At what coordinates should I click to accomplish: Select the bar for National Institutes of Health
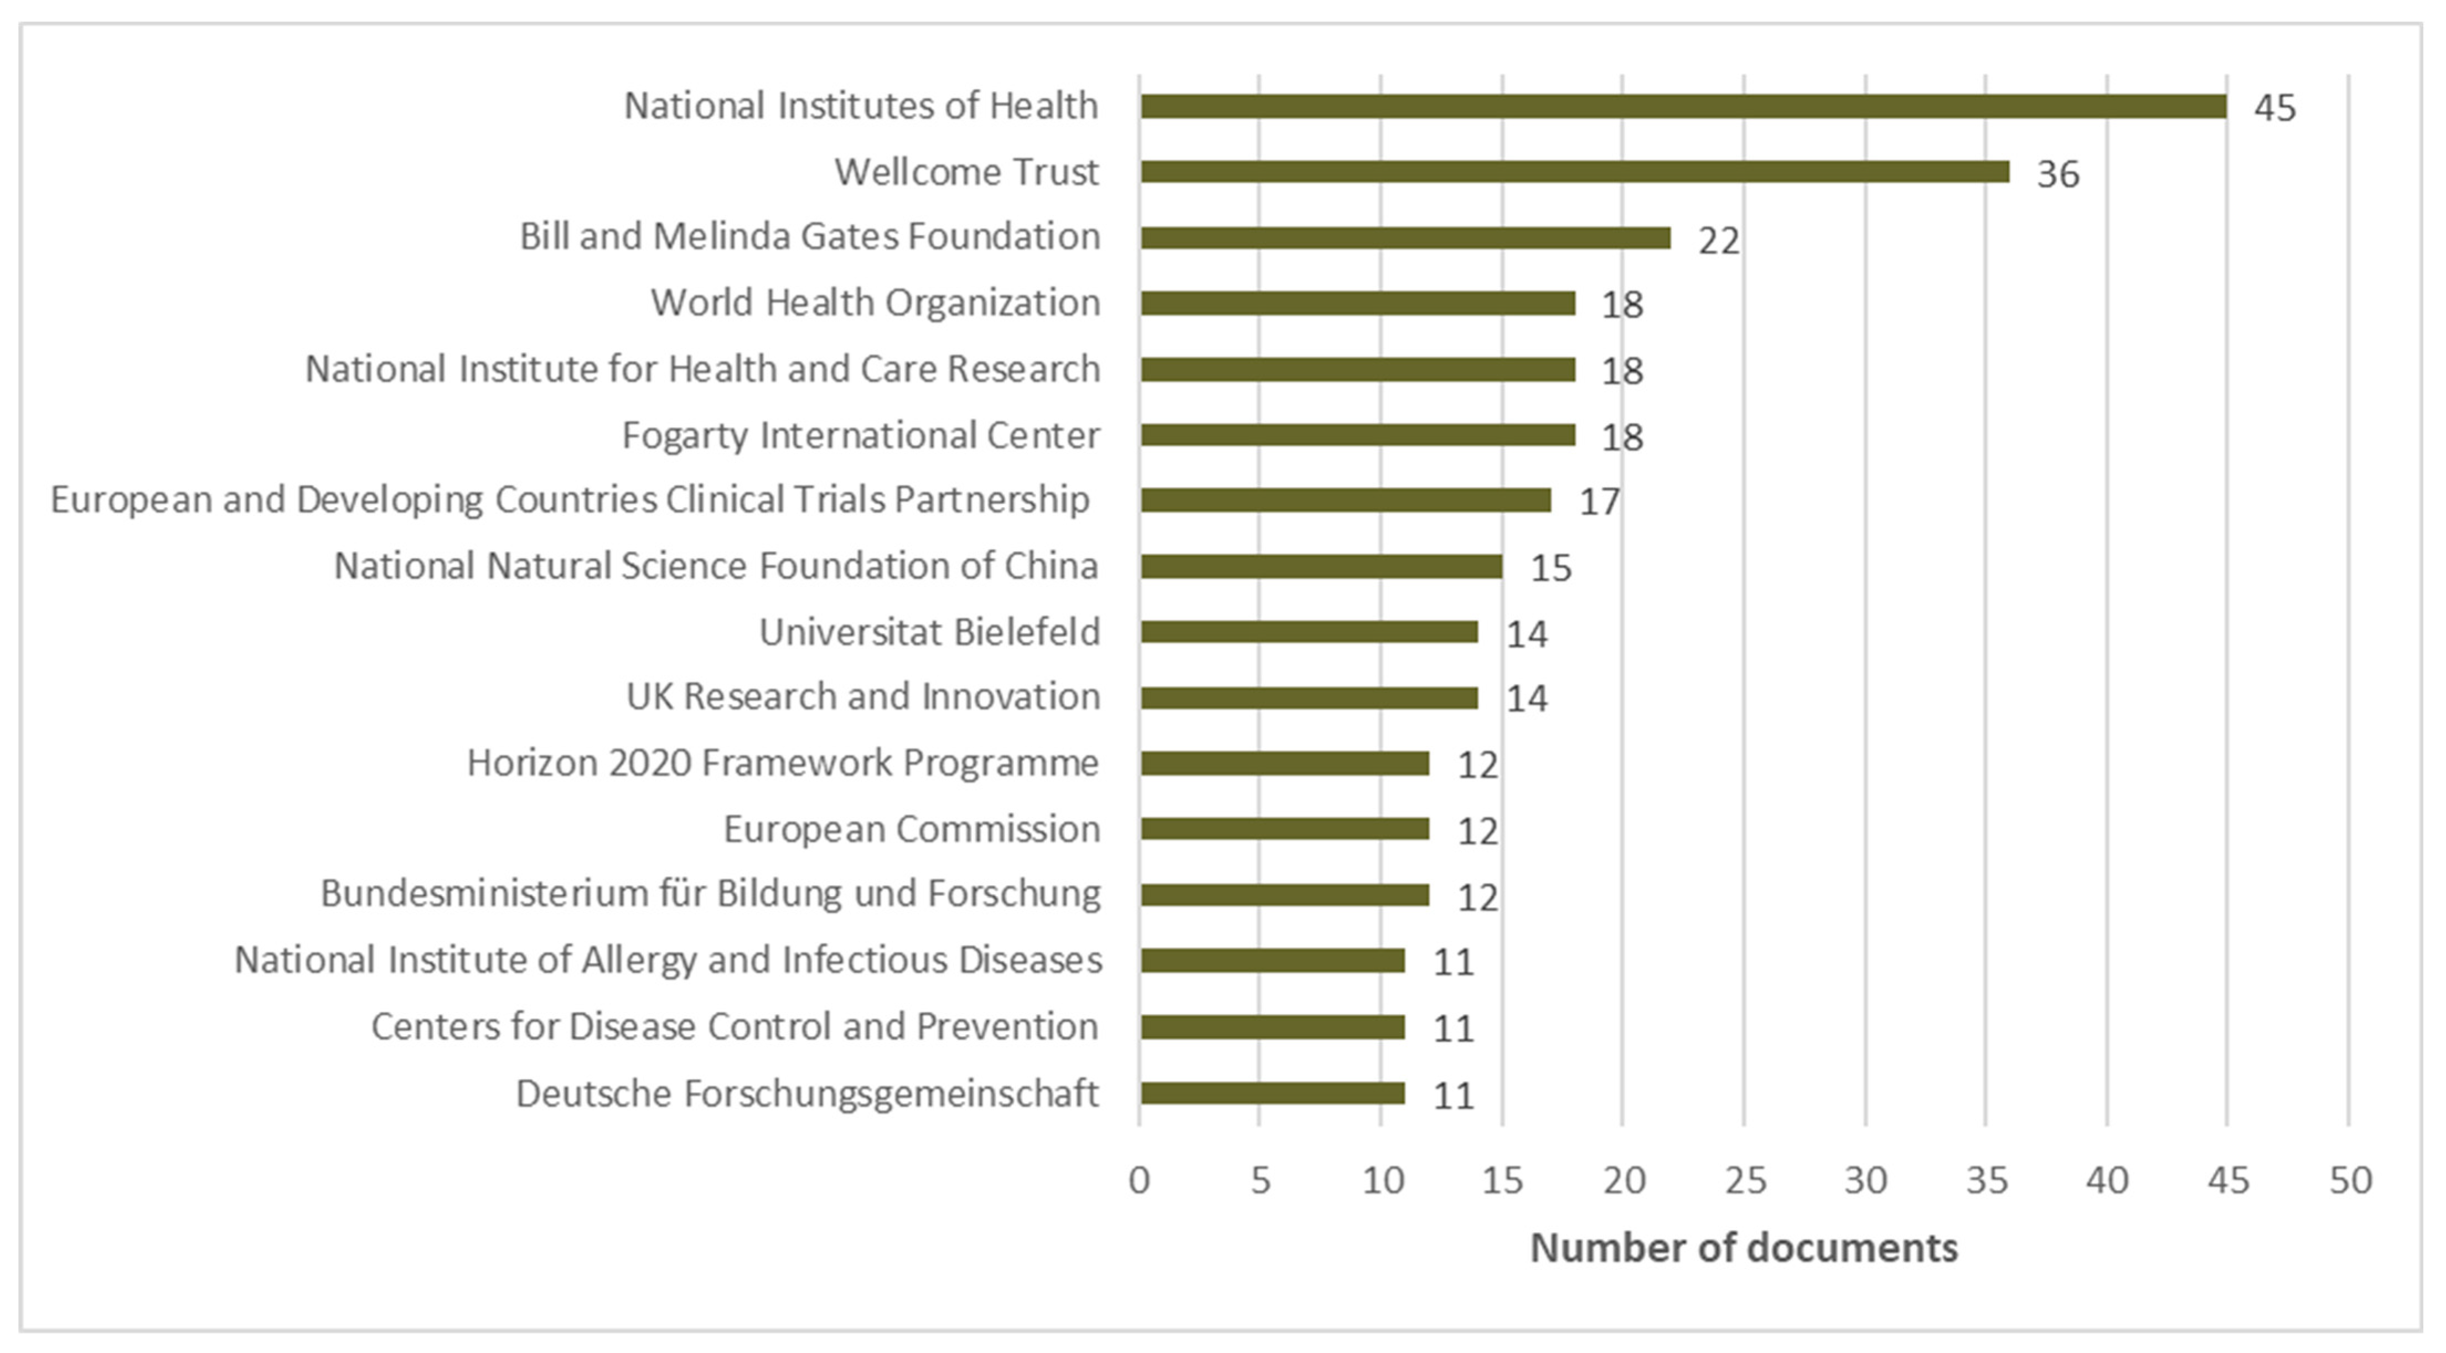pos(1683,106)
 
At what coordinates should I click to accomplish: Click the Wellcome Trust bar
pos(1574,172)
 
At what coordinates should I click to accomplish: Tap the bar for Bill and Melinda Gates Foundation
pos(1405,237)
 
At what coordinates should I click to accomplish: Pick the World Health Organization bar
pos(1358,303)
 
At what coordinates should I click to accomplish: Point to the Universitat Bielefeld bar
pos(1310,632)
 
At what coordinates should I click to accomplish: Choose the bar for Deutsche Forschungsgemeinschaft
pos(1273,1093)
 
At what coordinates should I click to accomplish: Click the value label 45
pos(2274,109)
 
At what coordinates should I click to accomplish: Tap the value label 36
pos(2057,175)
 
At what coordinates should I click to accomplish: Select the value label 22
pos(1719,241)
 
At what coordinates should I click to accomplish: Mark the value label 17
pos(1599,502)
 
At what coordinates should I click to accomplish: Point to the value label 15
pos(1550,569)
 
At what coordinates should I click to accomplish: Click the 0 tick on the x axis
pos(1140,1180)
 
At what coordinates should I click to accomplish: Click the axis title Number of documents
pos(1744,1248)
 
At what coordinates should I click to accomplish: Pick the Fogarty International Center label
pos(860,435)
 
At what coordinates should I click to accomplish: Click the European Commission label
pos(912,829)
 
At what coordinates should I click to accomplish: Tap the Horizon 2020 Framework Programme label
pos(783,762)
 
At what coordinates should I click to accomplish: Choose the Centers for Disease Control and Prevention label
pos(734,1026)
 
